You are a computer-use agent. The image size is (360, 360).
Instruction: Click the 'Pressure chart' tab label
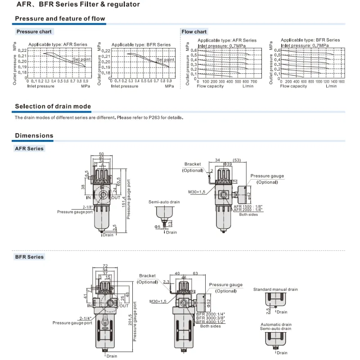click(x=34, y=31)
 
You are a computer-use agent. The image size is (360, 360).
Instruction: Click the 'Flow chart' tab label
click(x=194, y=31)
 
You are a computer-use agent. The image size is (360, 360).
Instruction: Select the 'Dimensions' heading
click(x=34, y=135)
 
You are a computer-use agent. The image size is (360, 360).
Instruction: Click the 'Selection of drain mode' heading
click(x=53, y=107)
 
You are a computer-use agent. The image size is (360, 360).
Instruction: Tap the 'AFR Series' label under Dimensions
click(x=30, y=148)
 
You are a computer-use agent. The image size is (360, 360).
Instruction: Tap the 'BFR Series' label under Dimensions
click(x=30, y=256)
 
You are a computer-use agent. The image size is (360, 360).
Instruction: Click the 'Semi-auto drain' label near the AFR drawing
click(x=164, y=202)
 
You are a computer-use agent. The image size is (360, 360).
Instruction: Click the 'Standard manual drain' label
click(x=275, y=289)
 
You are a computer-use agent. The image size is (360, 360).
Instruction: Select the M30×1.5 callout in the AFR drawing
click(x=196, y=192)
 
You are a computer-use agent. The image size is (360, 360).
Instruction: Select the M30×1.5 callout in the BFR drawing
click(x=158, y=301)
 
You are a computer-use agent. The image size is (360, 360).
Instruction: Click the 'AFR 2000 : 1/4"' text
click(x=248, y=210)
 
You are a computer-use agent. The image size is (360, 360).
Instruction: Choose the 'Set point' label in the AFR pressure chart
click(x=82, y=59)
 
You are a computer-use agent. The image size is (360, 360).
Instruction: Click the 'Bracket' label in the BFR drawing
click(x=147, y=276)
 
